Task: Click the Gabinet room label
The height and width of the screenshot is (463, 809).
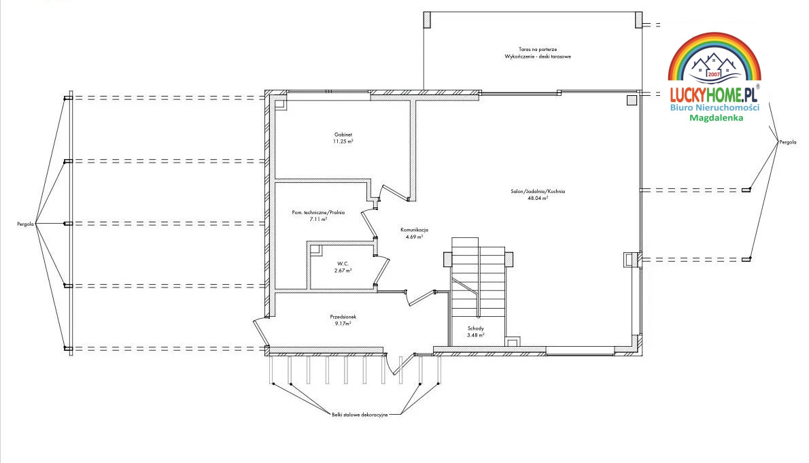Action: pos(343,135)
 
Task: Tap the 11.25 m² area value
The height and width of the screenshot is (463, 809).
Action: pos(343,141)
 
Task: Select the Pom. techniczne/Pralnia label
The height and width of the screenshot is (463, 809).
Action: pos(318,213)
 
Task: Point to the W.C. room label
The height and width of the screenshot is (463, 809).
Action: pos(343,264)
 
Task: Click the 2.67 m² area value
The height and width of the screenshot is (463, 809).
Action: pos(343,271)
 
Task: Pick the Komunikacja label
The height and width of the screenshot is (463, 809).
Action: pos(414,230)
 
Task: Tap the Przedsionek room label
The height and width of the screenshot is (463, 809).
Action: pos(343,317)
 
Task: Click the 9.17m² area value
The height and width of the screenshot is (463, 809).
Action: pos(343,324)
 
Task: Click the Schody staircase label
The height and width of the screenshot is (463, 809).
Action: pos(476,328)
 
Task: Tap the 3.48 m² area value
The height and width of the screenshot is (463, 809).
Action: pos(476,335)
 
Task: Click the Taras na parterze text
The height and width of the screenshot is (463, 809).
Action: pos(538,50)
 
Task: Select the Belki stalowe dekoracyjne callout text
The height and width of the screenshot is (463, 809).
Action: pos(360,415)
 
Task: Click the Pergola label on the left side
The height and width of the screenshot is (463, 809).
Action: pos(25,224)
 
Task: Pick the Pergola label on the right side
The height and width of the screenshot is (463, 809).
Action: pos(788,142)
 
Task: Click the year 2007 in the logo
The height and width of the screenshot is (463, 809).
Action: pos(714,74)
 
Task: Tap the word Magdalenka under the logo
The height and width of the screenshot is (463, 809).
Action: pos(716,118)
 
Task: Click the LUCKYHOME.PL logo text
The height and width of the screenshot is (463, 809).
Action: pos(714,95)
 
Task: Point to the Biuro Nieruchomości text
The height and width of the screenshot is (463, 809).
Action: pos(715,107)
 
